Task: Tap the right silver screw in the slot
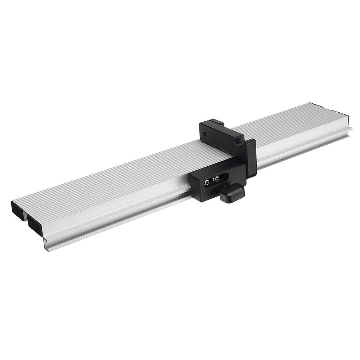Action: pos(217,179)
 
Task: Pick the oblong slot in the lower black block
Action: pos(214,181)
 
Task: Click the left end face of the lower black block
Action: pos(194,185)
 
